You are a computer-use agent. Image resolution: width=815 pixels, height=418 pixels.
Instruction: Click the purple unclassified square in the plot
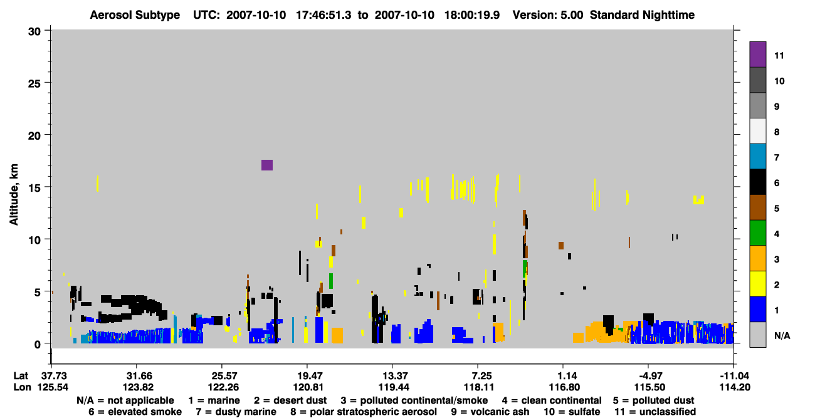coord(266,165)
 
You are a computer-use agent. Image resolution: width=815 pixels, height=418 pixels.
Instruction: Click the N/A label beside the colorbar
coord(782,335)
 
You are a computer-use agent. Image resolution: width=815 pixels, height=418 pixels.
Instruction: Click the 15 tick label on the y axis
coord(34,188)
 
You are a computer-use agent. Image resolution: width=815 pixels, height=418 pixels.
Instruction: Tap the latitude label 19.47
coord(308,376)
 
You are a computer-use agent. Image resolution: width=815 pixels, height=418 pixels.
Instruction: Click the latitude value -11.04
coord(735,376)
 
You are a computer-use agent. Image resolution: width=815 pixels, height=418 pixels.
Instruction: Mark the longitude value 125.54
coord(53,387)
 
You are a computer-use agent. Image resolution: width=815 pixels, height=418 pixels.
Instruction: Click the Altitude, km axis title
coord(13,195)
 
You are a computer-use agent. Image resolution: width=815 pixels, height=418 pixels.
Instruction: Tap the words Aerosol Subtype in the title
coord(135,15)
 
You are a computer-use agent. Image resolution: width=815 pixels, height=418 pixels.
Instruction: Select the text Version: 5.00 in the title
coord(548,15)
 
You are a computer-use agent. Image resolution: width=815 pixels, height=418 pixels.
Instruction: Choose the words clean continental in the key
coord(561,400)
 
